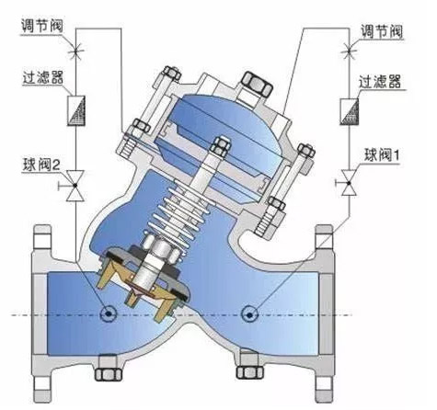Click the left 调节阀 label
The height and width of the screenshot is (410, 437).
(42, 26)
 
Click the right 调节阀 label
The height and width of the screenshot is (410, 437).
(381, 31)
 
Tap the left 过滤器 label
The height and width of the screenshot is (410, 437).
(43, 77)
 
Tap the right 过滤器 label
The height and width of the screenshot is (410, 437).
(380, 82)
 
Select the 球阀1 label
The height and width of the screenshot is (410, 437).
(382, 155)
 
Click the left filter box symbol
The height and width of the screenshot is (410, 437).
(75, 110)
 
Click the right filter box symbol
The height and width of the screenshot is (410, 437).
(349, 111)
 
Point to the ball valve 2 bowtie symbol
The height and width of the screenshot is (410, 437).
(75, 186)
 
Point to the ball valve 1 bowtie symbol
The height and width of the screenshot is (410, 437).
(349, 183)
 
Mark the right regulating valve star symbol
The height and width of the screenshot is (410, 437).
(349, 51)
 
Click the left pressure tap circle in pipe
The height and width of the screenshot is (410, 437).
(109, 313)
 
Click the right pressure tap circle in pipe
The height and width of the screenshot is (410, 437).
(249, 314)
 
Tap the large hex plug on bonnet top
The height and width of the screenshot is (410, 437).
(257, 83)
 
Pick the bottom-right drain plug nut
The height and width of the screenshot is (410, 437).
(250, 372)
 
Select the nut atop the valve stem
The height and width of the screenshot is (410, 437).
(220, 146)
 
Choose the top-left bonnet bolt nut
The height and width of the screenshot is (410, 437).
(171, 74)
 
